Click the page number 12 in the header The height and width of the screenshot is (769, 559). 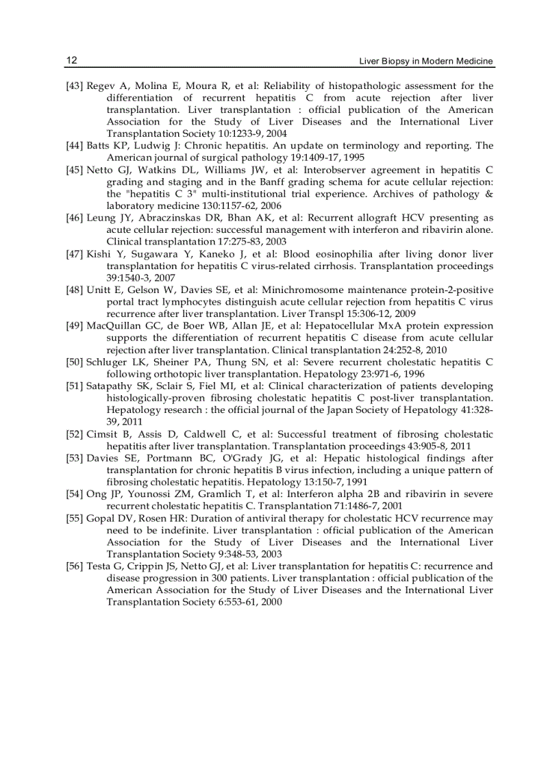71,61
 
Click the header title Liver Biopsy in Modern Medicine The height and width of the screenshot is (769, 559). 426,62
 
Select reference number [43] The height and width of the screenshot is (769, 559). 75,86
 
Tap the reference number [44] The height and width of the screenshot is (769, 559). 75,146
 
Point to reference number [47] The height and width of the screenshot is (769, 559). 75,254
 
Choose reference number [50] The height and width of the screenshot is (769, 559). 75,362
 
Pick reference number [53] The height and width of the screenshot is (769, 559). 75,458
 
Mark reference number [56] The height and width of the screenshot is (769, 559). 75,566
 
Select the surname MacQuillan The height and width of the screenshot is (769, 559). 114,326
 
